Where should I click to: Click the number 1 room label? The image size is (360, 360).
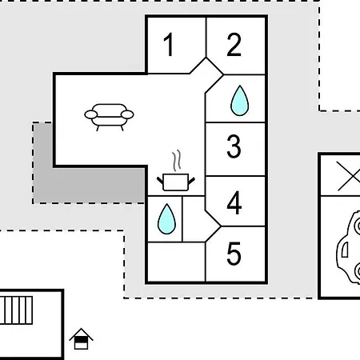tap(169, 44)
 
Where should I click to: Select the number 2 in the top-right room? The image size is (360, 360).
tap(234, 45)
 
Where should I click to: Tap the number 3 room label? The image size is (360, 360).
tap(234, 146)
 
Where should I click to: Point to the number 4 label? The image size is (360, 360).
tap(234, 202)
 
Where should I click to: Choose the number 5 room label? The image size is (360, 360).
tap(234, 254)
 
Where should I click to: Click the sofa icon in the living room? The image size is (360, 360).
tap(109, 117)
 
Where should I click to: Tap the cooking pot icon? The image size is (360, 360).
tap(176, 182)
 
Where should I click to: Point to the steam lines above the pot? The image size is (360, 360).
tap(176, 160)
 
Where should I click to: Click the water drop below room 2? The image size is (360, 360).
tap(239, 101)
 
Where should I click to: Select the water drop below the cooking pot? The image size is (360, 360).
tap(166, 219)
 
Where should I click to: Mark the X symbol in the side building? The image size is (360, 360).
tap(348, 176)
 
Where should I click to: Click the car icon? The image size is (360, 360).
tap(348, 247)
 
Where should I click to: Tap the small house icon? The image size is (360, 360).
tap(81, 338)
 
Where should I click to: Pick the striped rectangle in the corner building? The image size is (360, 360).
tap(16, 310)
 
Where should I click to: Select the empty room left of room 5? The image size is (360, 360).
tap(176, 262)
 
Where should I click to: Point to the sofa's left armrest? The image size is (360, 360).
tap(91, 114)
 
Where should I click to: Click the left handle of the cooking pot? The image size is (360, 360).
tap(160, 180)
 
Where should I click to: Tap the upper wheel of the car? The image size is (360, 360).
tap(358, 226)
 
